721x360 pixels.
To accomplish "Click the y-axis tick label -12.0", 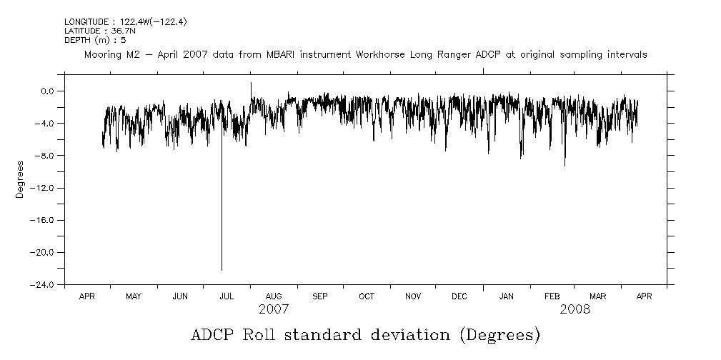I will [x=46, y=188].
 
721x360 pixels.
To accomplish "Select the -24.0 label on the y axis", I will [x=46, y=285].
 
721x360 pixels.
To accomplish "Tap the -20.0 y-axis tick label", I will [x=46, y=253].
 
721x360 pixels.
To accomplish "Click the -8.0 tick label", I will [x=47, y=156].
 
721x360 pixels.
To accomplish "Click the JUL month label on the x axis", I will [x=227, y=296].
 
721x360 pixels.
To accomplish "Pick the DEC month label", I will [x=459, y=296].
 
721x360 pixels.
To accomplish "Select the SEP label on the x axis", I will [x=319, y=296].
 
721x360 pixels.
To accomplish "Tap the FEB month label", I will [x=552, y=296].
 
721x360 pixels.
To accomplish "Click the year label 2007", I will [x=273, y=309].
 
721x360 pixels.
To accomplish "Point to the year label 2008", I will [x=575, y=309].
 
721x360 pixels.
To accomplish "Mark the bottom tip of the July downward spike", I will [x=222, y=270].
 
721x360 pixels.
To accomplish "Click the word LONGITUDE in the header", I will [x=88, y=22].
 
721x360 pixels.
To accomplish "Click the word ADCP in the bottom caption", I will [x=214, y=335].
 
